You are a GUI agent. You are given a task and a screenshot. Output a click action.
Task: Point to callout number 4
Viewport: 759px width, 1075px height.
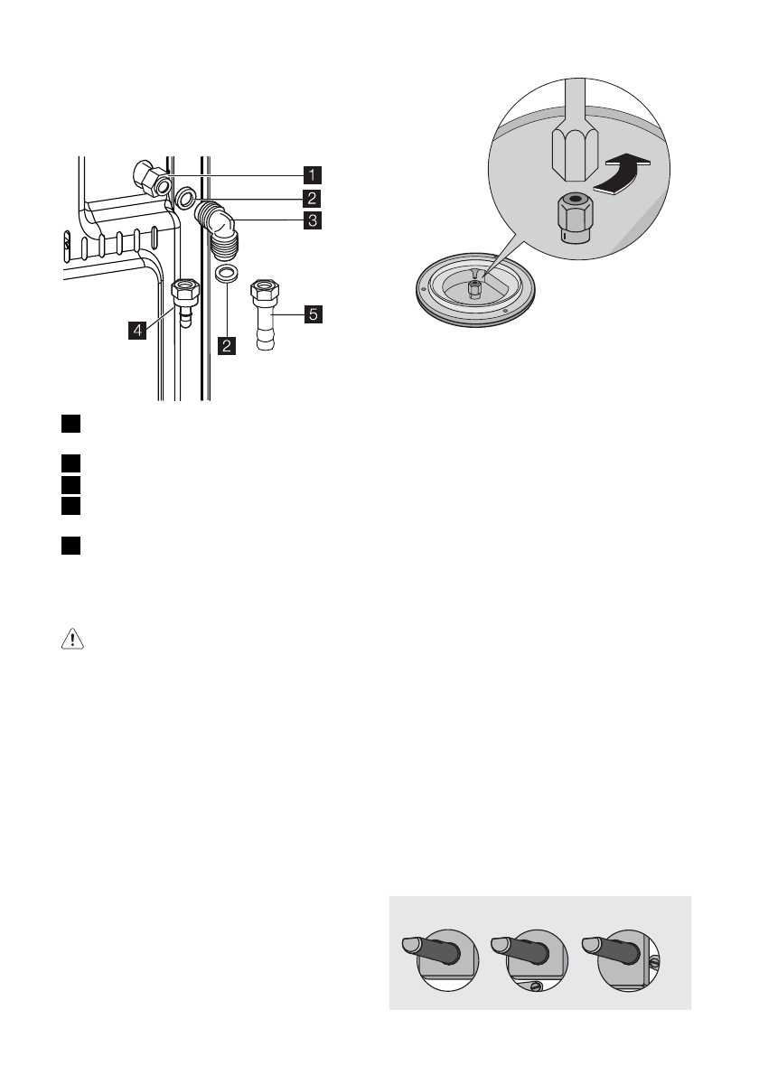click(x=137, y=332)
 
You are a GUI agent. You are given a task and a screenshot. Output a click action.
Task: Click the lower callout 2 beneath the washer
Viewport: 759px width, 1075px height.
click(x=227, y=344)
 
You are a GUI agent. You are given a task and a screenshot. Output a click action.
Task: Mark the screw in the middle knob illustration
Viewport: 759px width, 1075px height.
click(x=535, y=986)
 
